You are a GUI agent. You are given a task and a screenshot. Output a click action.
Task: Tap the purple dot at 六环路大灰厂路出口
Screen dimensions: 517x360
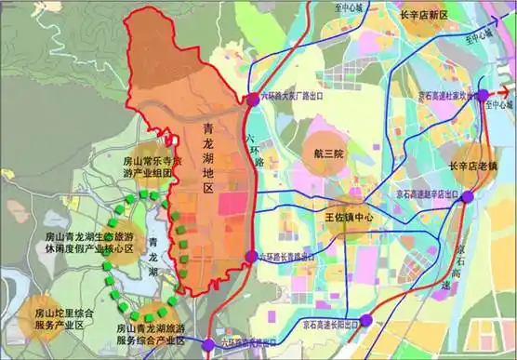[252, 98]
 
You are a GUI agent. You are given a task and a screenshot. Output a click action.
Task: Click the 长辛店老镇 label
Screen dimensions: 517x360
[471, 167]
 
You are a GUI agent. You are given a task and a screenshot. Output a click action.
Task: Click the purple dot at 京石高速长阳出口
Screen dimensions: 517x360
[365, 319]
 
